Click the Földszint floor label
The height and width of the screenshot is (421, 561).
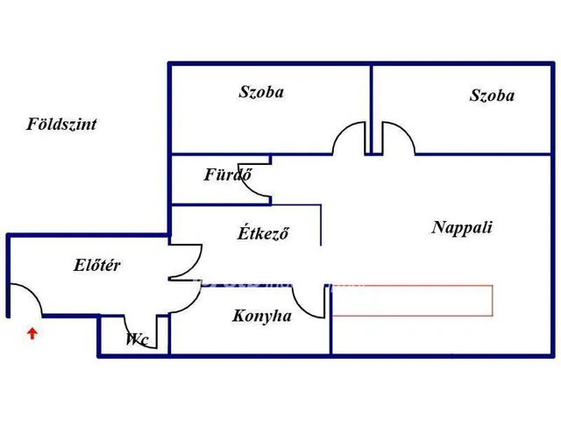click(x=61, y=125)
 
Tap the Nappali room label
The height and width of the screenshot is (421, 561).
click(x=462, y=227)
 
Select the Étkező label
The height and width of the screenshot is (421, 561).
click(x=263, y=233)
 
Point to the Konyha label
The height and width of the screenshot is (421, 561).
click(x=262, y=317)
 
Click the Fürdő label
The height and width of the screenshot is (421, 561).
click(x=228, y=175)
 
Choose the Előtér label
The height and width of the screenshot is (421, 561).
click(x=97, y=265)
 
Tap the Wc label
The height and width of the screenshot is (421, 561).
click(x=137, y=339)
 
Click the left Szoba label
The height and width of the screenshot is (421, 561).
click(x=261, y=91)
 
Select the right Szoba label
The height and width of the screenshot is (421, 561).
click(x=492, y=96)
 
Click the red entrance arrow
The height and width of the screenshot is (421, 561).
click(x=32, y=332)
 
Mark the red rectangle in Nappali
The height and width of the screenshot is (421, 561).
click(x=412, y=300)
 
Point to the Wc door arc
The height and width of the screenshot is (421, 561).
click(x=148, y=332)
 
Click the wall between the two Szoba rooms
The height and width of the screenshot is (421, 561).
click(x=372, y=105)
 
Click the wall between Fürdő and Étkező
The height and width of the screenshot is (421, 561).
click(x=219, y=204)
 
